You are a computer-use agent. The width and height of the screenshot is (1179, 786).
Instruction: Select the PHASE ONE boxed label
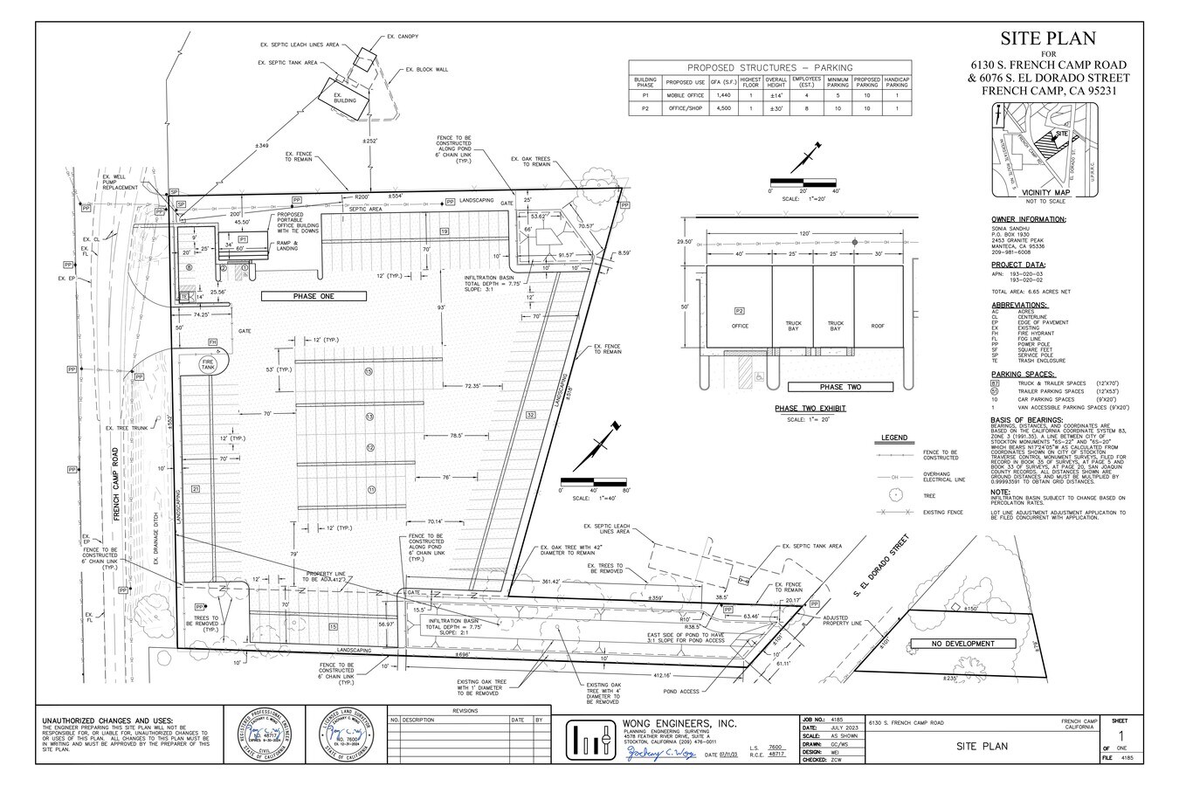314,297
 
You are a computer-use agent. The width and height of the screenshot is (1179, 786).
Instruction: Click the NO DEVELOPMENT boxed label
962,644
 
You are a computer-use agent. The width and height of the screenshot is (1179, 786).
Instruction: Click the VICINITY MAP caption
1045,192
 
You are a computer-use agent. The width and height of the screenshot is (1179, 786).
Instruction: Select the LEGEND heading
894,438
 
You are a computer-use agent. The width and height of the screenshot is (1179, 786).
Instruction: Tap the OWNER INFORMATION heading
1028,219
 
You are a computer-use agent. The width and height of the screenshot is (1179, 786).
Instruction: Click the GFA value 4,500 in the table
721,109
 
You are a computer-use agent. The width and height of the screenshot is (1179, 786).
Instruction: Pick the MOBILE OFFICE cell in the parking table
686,94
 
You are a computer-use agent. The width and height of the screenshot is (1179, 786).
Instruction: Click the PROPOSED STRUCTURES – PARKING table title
769,67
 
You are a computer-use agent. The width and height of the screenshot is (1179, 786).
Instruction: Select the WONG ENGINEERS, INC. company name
679,724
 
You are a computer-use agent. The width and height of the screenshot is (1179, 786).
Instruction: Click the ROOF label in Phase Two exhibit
878,326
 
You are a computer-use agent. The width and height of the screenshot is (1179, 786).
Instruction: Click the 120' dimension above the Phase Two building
803,234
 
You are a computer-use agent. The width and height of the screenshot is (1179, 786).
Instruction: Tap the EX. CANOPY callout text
402,37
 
